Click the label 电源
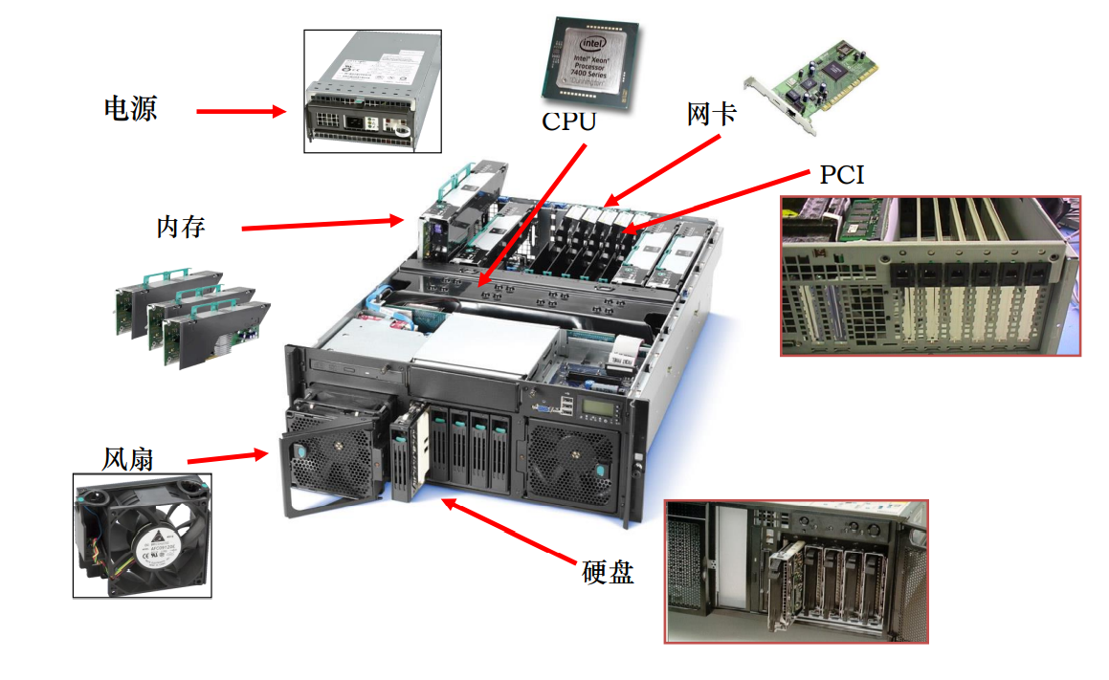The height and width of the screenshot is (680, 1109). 130,107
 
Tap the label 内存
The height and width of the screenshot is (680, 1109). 181,228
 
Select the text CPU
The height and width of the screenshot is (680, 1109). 568,121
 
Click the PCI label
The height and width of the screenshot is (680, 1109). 842,175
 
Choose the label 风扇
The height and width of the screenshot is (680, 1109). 128,459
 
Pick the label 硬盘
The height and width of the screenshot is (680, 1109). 608,572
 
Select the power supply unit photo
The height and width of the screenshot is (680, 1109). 372,91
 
